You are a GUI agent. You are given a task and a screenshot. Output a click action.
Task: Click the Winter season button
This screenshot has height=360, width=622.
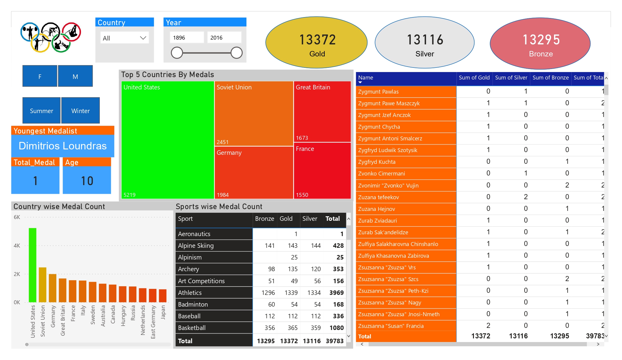(x=80, y=111)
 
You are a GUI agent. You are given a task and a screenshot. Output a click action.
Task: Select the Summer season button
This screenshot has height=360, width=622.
(x=41, y=111)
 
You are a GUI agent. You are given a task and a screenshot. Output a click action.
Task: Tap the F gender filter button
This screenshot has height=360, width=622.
(x=40, y=76)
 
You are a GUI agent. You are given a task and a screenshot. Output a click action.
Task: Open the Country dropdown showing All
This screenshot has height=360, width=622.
(x=124, y=38)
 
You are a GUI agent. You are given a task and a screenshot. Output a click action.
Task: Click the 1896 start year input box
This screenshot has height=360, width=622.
(x=187, y=38)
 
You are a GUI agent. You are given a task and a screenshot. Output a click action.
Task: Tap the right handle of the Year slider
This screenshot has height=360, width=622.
(x=237, y=53)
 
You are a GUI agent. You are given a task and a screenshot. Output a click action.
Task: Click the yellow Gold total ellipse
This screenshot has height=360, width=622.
(x=317, y=43)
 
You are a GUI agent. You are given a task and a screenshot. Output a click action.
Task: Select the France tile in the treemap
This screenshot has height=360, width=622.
(x=322, y=170)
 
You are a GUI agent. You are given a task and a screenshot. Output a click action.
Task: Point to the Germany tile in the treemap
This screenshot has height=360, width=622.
(x=254, y=172)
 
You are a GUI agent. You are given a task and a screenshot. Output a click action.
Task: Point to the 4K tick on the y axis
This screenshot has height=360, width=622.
(x=17, y=246)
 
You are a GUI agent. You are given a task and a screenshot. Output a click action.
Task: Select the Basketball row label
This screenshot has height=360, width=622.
(x=192, y=328)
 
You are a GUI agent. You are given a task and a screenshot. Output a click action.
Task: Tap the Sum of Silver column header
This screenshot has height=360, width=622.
(x=511, y=78)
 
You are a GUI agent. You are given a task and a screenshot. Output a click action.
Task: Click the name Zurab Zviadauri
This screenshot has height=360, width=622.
(x=377, y=221)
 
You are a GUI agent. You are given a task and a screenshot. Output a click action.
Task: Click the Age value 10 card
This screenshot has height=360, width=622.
(x=87, y=181)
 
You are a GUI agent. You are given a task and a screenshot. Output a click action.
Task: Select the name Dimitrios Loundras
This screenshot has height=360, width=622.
(x=63, y=146)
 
